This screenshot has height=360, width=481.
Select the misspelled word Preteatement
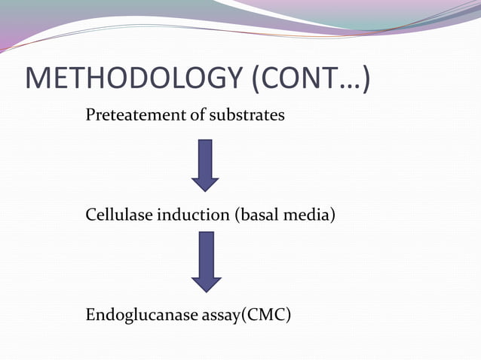click(129, 117)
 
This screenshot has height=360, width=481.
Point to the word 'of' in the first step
click(188, 117)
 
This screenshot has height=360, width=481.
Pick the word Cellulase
click(119, 215)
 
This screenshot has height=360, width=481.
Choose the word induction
click(194, 215)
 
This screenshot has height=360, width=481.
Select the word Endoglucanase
click(132, 315)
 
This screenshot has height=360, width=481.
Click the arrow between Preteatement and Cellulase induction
click(205, 165)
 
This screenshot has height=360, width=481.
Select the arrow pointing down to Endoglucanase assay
click(205, 261)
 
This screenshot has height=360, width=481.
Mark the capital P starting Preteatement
click(90, 117)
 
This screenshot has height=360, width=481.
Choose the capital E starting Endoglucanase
click(90, 315)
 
